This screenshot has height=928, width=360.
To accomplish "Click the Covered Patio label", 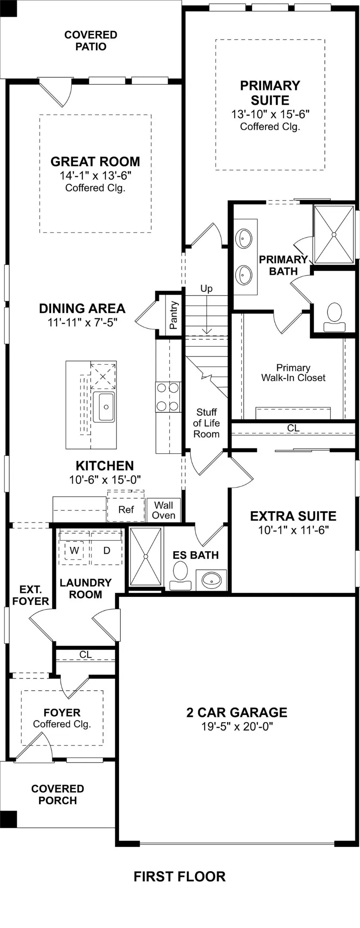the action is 91,41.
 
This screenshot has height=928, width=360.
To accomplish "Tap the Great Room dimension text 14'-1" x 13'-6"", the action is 95,175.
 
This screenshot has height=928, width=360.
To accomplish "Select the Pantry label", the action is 173,315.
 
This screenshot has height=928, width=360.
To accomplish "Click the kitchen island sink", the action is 104,406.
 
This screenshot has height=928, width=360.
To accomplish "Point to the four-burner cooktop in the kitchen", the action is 168,397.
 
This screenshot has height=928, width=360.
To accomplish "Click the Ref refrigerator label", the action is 126,510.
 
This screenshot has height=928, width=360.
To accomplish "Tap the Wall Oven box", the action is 164,510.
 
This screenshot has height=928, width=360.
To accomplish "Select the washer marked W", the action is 74,550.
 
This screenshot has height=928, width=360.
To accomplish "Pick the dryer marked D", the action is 107,550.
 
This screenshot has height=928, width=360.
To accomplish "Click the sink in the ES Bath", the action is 211,580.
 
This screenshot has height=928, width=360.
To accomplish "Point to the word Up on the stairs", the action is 206,289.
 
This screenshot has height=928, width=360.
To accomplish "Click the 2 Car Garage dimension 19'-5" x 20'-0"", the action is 237,726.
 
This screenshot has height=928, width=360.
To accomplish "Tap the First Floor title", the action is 180,876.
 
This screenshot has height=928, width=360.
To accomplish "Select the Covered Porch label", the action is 58,794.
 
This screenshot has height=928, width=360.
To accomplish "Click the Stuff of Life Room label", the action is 206,423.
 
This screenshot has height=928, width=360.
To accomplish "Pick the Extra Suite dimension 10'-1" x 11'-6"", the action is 293,530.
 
